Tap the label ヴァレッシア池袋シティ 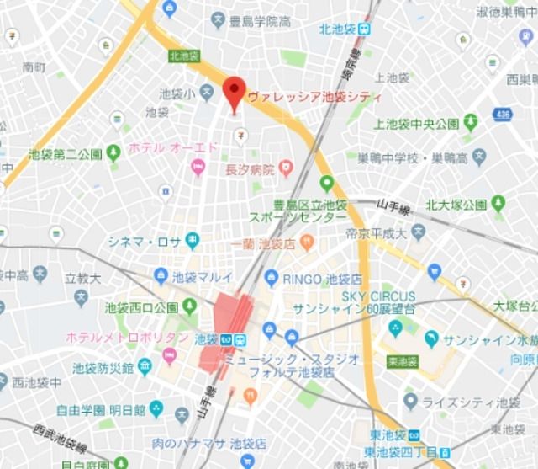coord(315,98)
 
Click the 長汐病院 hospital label coord(250,169)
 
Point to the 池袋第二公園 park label coord(65,154)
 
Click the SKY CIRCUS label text coord(378,296)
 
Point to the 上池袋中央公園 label coord(417,125)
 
